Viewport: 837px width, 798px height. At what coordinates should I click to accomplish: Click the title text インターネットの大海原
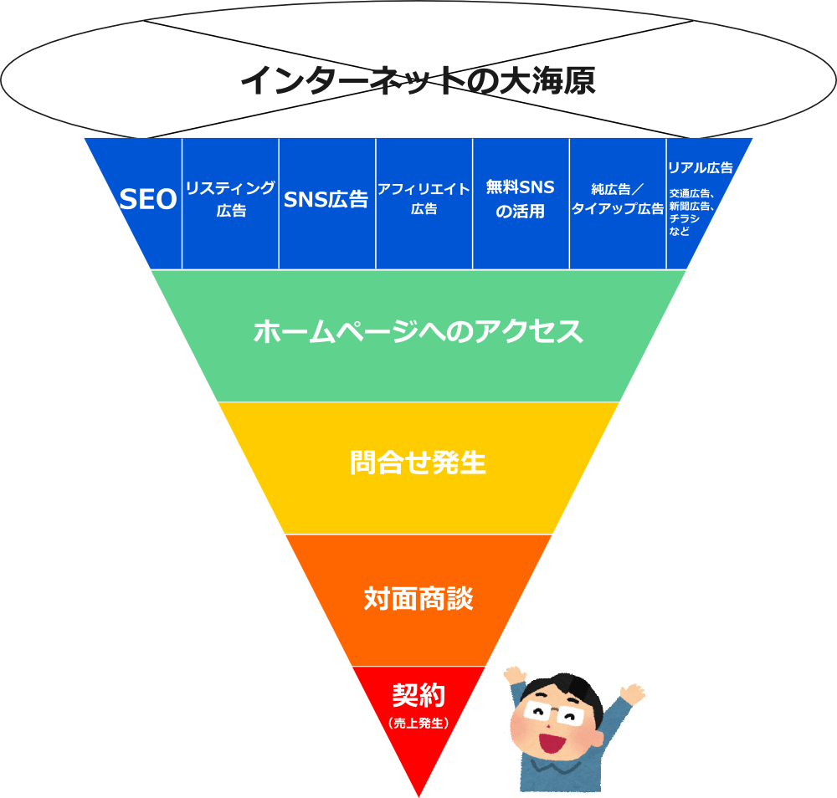(x=418, y=80)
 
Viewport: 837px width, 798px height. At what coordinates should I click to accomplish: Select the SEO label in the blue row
(x=148, y=199)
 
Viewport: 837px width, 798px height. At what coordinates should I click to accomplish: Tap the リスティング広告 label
(x=231, y=198)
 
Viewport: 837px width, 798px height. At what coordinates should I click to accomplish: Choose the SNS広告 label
(x=326, y=199)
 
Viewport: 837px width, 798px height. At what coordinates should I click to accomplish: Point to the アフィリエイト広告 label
(x=424, y=198)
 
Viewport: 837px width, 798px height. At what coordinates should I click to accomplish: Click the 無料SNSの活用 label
(x=521, y=199)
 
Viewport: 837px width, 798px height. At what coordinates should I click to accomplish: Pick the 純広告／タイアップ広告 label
(x=618, y=198)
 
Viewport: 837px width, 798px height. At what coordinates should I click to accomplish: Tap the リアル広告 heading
(x=701, y=167)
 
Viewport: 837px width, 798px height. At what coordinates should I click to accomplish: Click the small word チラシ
(x=685, y=218)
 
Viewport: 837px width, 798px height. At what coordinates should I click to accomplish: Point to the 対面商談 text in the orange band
(x=418, y=599)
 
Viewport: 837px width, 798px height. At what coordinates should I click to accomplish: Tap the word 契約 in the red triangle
(x=418, y=695)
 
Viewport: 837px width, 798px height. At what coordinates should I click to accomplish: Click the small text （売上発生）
(x=418, y=724)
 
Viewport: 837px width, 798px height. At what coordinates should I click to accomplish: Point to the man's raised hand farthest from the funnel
(x=633, y=693)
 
